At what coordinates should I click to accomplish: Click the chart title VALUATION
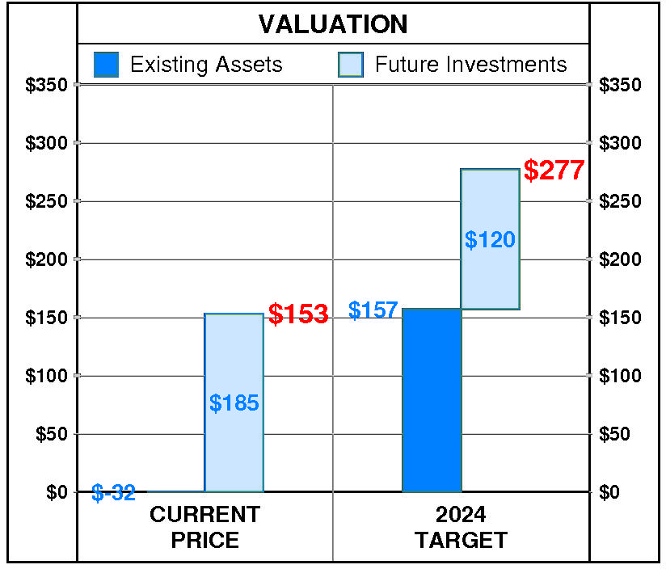[333, 24]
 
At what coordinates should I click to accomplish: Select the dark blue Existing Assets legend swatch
[107, 65]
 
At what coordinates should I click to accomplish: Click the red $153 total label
[298, 314]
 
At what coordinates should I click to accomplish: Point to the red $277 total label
[554, 171]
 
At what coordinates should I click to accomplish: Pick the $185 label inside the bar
[234, 403]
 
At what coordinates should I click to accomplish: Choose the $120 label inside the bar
[490, 239]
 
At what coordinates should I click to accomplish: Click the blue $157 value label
[373, 310]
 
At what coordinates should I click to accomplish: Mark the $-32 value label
[113, 492]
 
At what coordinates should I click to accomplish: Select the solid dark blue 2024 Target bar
[432, 400]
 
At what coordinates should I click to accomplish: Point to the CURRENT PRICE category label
[205, 527]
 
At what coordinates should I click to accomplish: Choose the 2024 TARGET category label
[461, 527]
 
